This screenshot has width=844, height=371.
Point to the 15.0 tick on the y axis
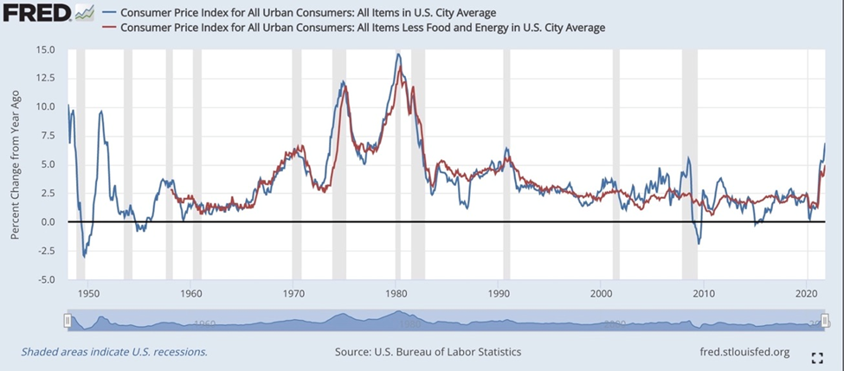pyautogui.click(x=44, y=50)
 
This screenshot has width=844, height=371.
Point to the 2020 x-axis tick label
pyautogui.click(x=807, y=293)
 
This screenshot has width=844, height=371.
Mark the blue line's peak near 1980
pyautogui.click(x=397, y=54)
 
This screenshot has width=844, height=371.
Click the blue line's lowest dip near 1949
pyautogui.click(x=84, y=257)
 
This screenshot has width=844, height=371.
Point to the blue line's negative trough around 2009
pyautogui.click(x=699, y=244)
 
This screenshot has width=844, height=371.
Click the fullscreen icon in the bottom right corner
pyautogui.click(x=815, y=357)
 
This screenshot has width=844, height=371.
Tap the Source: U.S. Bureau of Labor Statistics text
pyautogui.click(x=428, y=352)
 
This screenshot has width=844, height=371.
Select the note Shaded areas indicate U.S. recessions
pyautogui.click(x=114, y=352)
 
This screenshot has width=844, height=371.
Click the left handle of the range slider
pyautogui.click(x=68, y=322)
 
